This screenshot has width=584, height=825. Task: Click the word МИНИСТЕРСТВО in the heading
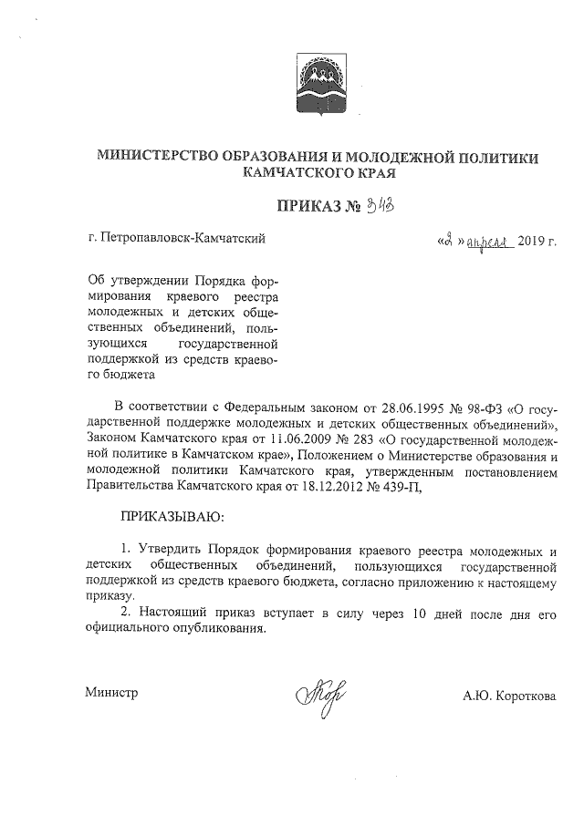(162, 158)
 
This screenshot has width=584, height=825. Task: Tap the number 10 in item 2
(419, 616)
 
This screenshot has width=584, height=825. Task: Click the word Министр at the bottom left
(111, 694)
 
